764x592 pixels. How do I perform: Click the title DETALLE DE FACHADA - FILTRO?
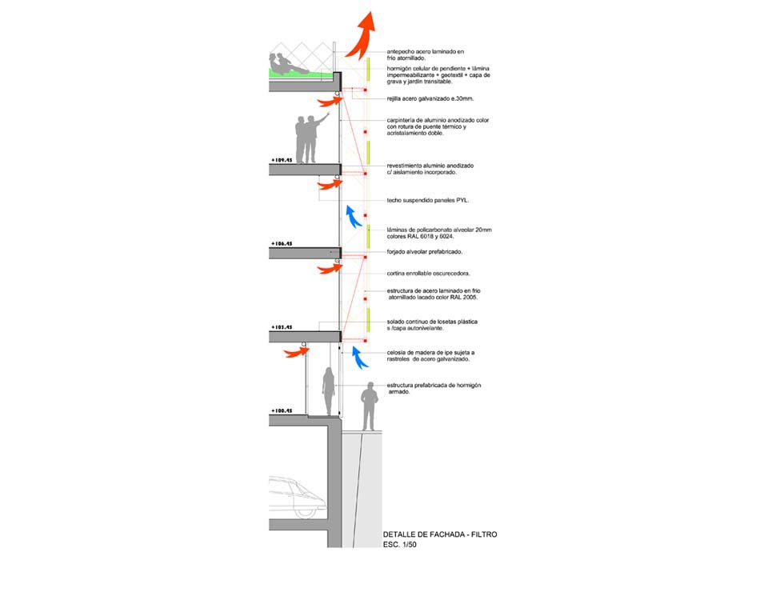tap(440, 534)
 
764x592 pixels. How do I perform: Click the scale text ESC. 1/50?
tap(400, 545)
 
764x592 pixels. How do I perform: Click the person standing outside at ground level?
tap(368, 406)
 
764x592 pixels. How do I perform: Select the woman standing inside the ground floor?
tap(327, 391)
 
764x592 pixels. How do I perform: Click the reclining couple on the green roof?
tap(288, 64)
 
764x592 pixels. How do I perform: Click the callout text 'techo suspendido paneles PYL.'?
tap(427, 201)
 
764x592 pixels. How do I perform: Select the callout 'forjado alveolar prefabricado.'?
tap(424, 252)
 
